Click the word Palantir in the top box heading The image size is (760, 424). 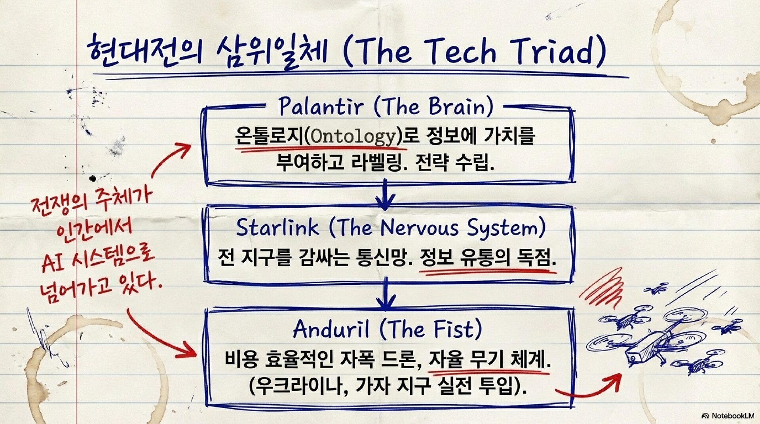(x=321, y=106)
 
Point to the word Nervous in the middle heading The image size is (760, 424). (x=420, y=227)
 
